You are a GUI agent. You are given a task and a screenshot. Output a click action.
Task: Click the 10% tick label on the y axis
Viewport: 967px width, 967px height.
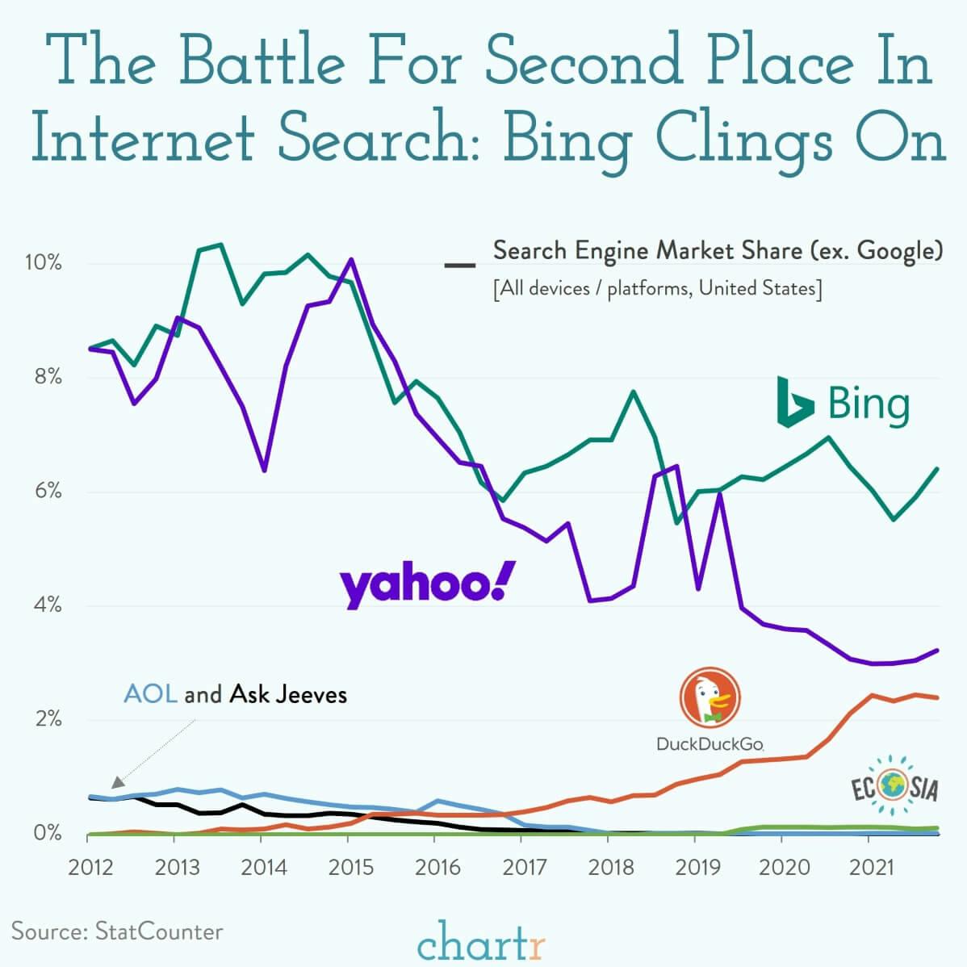pyautogui.click(x=43, y=263)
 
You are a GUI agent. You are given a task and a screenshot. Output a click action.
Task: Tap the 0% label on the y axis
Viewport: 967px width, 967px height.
pyautogui.click(x=46, y=832)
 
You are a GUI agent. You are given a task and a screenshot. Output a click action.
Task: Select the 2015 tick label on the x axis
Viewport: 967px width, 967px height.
pyautogui.click(x=350, y=868)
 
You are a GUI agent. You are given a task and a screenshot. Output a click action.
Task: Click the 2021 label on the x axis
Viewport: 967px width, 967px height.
pyautogui.click(x=872, y=868)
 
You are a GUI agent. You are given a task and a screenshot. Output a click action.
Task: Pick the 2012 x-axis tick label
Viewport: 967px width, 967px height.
pyautogui.click(x=90, y=868)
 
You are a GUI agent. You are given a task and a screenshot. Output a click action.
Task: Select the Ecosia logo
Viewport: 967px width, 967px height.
pyautogui.click(x=896, y=786)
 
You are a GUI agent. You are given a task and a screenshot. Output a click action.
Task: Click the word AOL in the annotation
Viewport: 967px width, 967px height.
pyautogui.click(x=150, y=693)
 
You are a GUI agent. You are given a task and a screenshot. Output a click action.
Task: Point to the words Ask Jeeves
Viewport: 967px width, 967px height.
pyautogui.click(x=288, y=693)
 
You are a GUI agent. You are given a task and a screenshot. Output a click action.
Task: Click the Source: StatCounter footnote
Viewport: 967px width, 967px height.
pyautogui.click(x=117, y=931)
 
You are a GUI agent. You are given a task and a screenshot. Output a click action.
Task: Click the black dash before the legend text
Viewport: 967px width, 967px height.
pyautogui.click(x=460, y=265)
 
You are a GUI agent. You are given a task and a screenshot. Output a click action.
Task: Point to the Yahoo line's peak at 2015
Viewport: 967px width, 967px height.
pyautogui.click(x=350, y=260)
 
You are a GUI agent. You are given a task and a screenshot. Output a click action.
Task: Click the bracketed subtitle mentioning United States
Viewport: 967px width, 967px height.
pyautogui.click(x=657, y=288)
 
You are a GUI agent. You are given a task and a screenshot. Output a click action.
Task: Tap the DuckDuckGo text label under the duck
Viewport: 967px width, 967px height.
pyautogui.click(x=710, y=743)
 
